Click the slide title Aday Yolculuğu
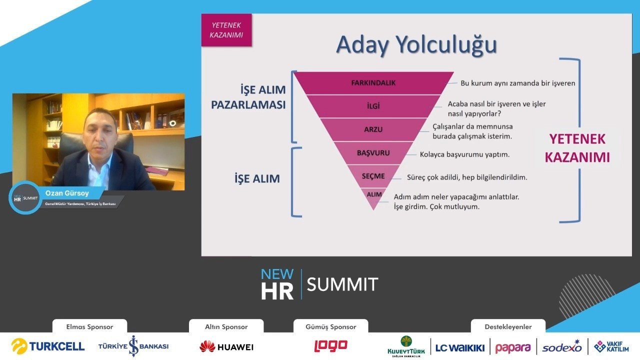pos(416,45)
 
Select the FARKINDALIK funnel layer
pos(373,83)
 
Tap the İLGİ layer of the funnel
pos(373,106)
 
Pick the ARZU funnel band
pos(373,129)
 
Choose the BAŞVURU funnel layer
pos(373,153)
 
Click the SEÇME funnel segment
pos(373,176)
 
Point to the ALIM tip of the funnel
pos(373,197)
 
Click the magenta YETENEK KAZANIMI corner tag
pos(226,30)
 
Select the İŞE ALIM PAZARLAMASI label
pos(248,97)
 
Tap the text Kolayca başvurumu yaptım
pos(464,154)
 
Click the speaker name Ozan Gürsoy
pos(67,193)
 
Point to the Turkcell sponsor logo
pos(48,346)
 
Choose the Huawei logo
pos(226,347)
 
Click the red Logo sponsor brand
pos(331,345)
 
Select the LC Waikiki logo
pos(460,348)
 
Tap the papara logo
pos(513,348)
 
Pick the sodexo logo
pos(562,347)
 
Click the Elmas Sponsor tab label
pos(89,326)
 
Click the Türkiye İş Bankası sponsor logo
pos(133,346)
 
